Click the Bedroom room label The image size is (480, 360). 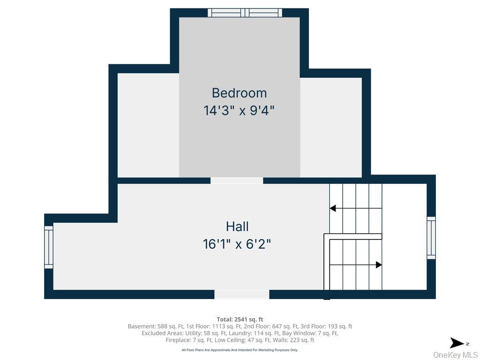[239, 93]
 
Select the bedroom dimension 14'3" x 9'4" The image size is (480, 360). [239, 111]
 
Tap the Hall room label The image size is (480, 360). [237, 226]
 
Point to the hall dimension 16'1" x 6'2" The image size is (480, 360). [237, 244]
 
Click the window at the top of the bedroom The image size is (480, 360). [245, 13]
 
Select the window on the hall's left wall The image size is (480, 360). [49, 247]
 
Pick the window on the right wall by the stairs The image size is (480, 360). [431, 238]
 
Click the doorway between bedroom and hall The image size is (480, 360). [237, 180]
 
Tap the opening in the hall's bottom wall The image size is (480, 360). [242, 294]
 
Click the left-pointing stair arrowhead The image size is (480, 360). [333, 208]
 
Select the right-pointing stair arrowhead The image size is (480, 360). [379, 265]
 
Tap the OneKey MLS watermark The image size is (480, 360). [455, 355]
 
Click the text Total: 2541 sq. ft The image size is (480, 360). [240, 319]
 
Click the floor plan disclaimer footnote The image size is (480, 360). [240, 350]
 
